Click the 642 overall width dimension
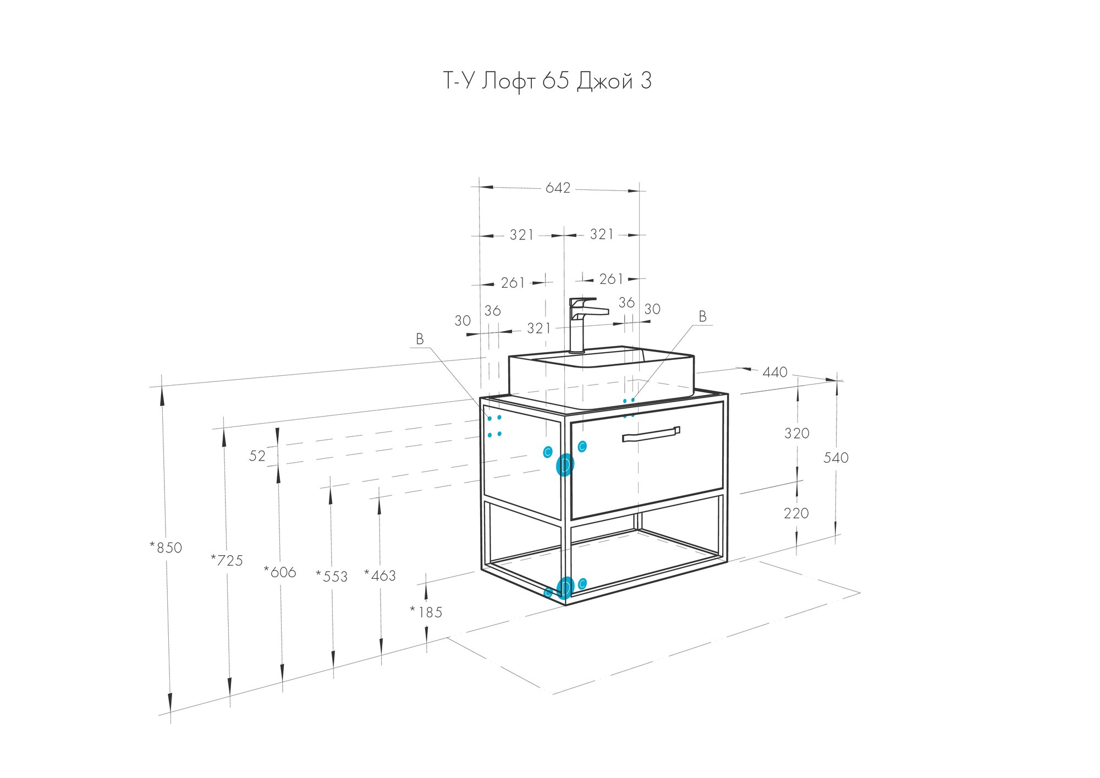click(558, 188)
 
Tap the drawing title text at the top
click(547, 81)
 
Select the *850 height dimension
click(166, 547)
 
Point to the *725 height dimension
click(227, 560)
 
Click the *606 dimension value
click(280, 572)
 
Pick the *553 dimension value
click(332, 576)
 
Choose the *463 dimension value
click(380, 576)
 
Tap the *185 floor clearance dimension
click(426, 612)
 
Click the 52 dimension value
click(257, 456)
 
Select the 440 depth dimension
click(774, 372)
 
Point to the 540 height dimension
click(835, 458)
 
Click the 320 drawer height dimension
click(796, 434)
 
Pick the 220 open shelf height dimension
click(796, 513)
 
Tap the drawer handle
click(651, 435)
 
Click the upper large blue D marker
click(565, 465)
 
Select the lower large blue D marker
click(565, 588)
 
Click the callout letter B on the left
click(420, 339)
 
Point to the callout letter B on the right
click(702, 316)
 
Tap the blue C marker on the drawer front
click(582, 446)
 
